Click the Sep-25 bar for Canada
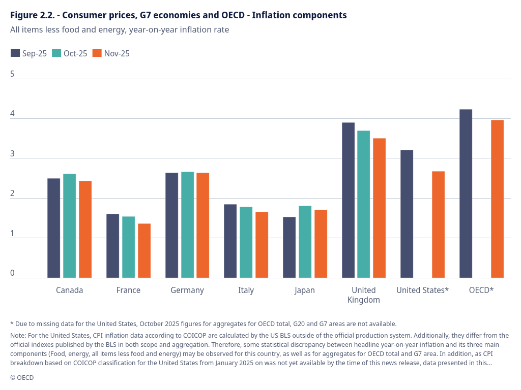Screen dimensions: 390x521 coord(53,228)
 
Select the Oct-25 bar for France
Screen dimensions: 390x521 coord(128,247)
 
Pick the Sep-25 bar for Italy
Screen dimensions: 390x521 coord(230,241)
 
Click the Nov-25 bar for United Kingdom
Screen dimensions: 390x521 coord(379,208)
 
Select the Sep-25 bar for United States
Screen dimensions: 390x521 coord(407,214)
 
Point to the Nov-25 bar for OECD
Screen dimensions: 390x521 coord(497,199)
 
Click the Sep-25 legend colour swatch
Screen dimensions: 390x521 coord(15,53)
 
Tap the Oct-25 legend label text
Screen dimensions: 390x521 coord(75,53)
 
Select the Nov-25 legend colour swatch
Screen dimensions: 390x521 coord(97,53)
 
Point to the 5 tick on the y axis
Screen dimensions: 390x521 coord(13,74)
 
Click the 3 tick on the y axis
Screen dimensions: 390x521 coord(13,154)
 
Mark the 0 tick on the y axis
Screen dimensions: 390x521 coord(13,273)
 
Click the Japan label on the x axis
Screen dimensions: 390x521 coord(304,290)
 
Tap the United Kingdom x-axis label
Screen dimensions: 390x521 coord(363,295)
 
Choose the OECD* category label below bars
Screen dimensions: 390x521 coord(481,290)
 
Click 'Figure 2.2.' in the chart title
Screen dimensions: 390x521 coord(32,15)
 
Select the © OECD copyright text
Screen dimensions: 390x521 coord(22,377)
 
